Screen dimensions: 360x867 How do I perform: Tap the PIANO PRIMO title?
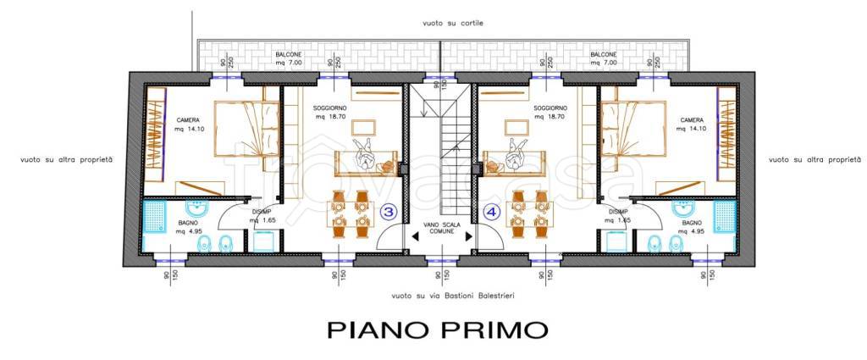tap(439, 328)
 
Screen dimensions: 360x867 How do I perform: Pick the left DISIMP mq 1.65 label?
tap(261, 217)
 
